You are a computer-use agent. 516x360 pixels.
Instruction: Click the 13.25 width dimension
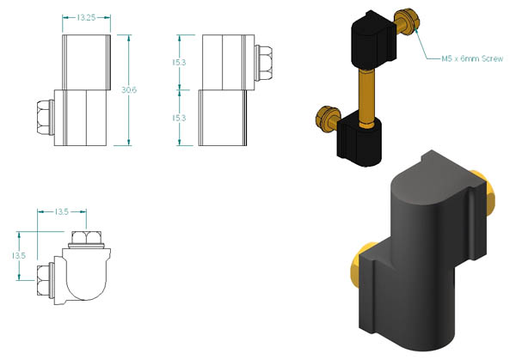pyautogui.click(x=86, y=17)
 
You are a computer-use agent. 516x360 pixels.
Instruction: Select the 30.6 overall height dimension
pyautogui.click(x=129, y=89)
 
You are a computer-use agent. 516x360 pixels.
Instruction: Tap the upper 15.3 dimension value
pyautogui.click(x=179, y=62)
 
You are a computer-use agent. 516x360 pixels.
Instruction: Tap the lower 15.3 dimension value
pyautogui.click(x=179, y=118)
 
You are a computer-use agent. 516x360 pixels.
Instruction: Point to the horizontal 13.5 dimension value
pyautogui.click(x=62, y=211)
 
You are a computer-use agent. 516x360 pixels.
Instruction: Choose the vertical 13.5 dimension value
pyautogui.click(x=18, y=255)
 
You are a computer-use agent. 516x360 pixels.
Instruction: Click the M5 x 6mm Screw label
pyautogui.click(x=472, y=58)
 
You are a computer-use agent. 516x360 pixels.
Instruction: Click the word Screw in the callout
pyautogui.click(x=492, y=58)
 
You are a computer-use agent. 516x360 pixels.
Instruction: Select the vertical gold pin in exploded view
pyautogui.click(x=367, y=97)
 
